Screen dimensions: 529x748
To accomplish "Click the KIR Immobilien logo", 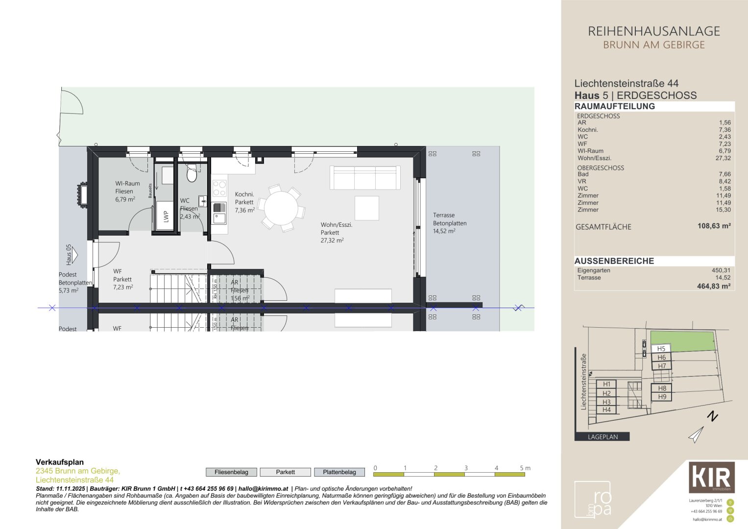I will [x=712, y=477].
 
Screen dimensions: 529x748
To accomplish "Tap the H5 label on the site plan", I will [x=661, y=349].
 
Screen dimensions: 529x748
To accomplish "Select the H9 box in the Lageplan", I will [x=662, y=397].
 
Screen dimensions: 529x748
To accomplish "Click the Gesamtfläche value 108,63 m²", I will [x=714, y=226].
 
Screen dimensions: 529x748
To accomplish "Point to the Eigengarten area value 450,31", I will [x=721, y=270].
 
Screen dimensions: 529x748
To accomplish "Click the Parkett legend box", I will [x=285, y=472].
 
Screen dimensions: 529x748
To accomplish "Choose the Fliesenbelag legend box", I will [x=231, y=472].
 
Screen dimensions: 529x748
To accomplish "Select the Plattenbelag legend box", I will [x=339, y=472].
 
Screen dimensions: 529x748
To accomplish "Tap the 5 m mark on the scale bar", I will [x=525, y=469].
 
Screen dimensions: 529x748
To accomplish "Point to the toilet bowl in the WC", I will [x=192, y=174].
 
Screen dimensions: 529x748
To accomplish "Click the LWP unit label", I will [x=166, y=216].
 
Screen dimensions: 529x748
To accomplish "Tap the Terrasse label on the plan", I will [x=444, y=215].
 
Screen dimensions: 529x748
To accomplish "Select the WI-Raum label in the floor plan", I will [x=127, y=184].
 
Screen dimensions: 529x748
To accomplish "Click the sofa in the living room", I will [x=364, y=177].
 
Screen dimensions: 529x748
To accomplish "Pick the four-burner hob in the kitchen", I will [x=219, y=188].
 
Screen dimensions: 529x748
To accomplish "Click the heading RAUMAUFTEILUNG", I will [x=614, y=106].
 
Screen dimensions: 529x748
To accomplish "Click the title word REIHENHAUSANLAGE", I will [x=653, y=31].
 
